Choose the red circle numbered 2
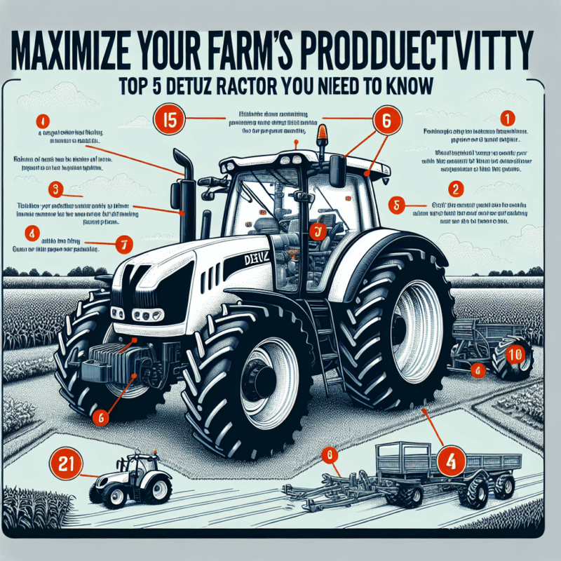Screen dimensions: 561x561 pyautogui.click(x=456, y=189)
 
